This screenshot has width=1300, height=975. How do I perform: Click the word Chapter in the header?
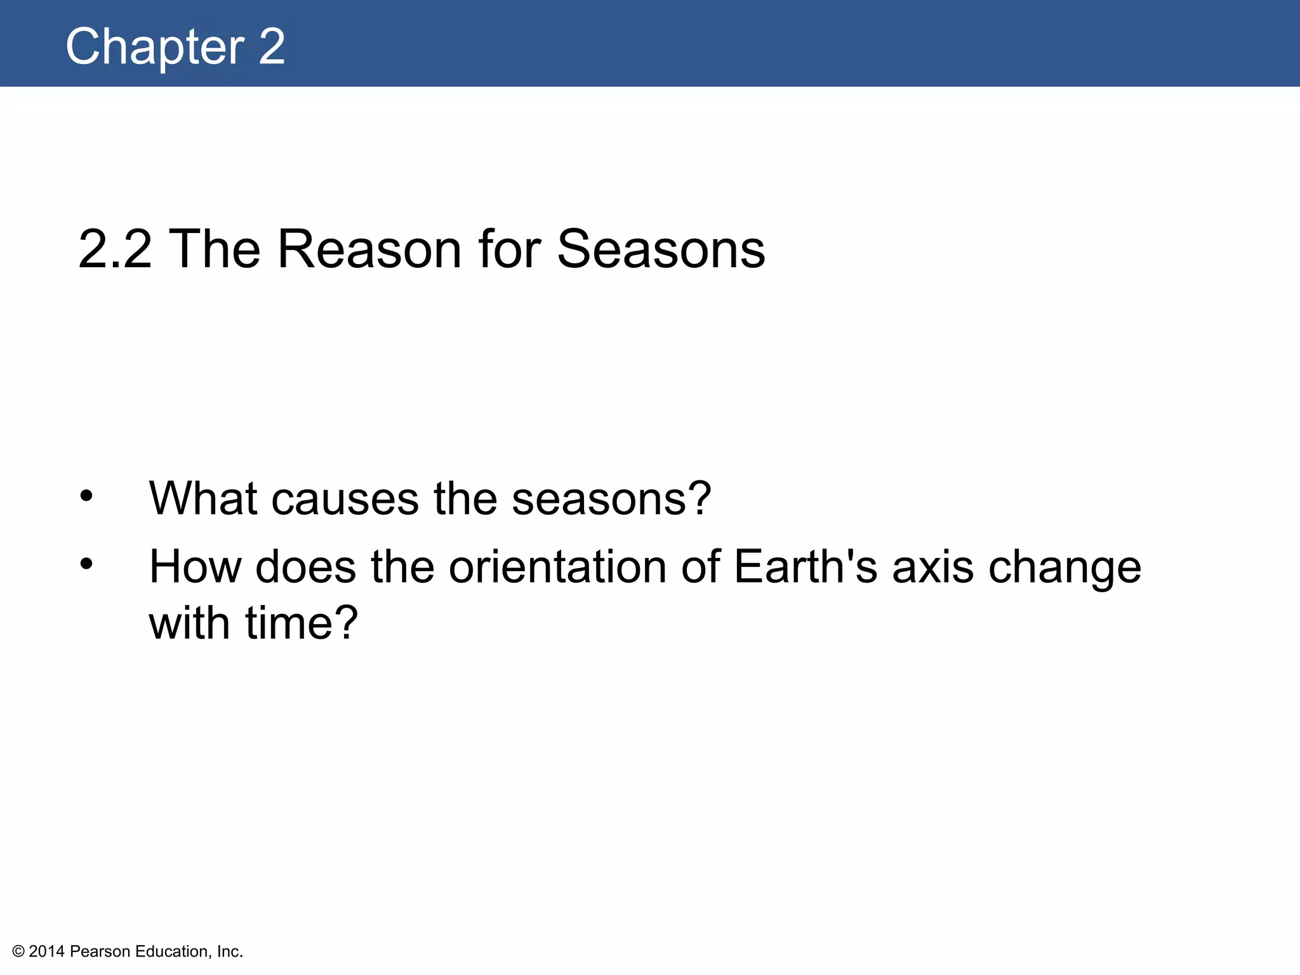pyautogui.click(x=155, y=47)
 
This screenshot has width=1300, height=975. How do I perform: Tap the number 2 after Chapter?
pyautogui.click(x=272, y=47)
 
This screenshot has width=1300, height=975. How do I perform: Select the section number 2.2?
pyautogui.click(x=115, y=249)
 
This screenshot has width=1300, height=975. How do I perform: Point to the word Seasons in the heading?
pyautogui.click(x=661, y=249)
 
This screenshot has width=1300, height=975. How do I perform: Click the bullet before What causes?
pyautogui.click(x=86, y=496)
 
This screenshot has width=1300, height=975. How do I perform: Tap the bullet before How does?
pyautogui.click(x=86, y=564)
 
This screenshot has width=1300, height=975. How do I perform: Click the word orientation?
pyautogui.click(x=557, y=567)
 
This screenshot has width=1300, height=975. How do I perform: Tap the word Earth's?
pyautogui.click(x=806, y=567)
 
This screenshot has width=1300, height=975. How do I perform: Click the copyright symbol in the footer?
pyautogui.click(x=18, y=952)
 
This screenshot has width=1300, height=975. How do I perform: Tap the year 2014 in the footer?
pyautogui.click(x=47, y=952)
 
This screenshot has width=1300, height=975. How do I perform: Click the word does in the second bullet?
pyautogui.click(x=305, y=567)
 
